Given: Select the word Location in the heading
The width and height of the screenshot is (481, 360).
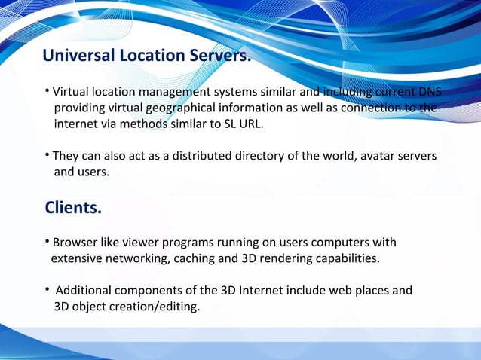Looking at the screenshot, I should [x=149, y=56].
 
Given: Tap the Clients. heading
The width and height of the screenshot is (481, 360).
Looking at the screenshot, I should [x=72, y=207].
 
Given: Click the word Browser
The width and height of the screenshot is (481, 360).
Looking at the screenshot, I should [x=75, y=243].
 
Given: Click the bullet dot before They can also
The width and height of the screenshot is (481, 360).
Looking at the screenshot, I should [x=47, y=155].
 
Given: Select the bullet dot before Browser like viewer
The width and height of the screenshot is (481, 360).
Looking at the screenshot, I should [x=47, y=242].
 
